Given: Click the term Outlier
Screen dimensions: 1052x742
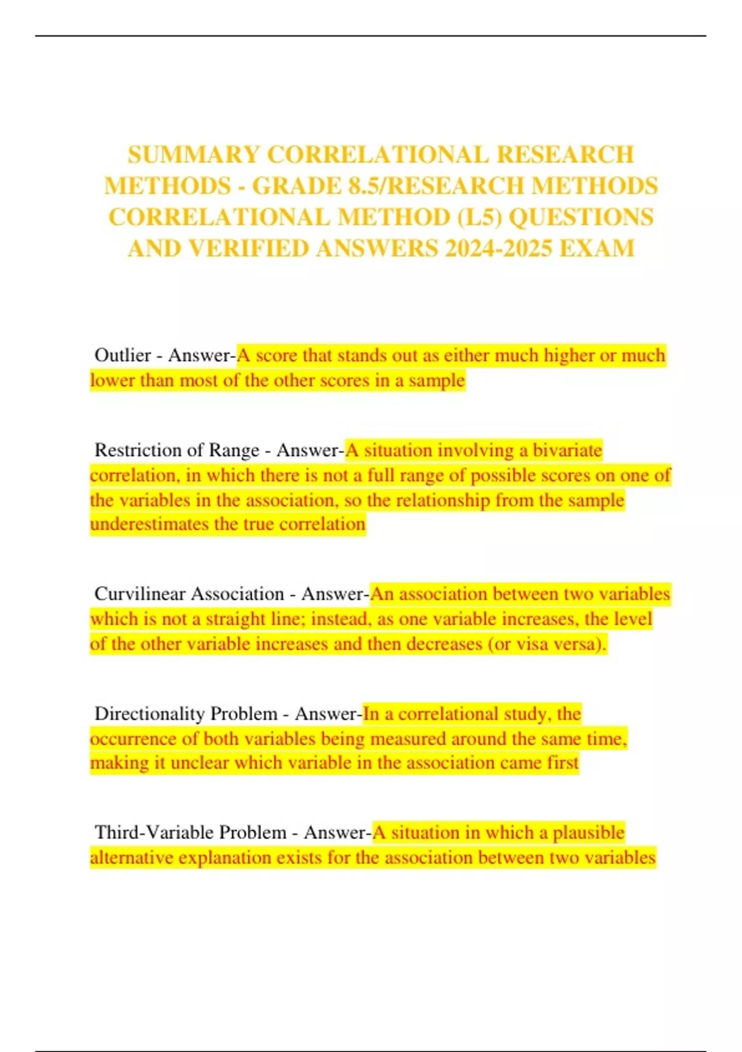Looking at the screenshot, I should (122, 355).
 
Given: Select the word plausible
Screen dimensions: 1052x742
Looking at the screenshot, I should (588, 832).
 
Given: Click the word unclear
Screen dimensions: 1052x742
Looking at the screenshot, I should (199, 762).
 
